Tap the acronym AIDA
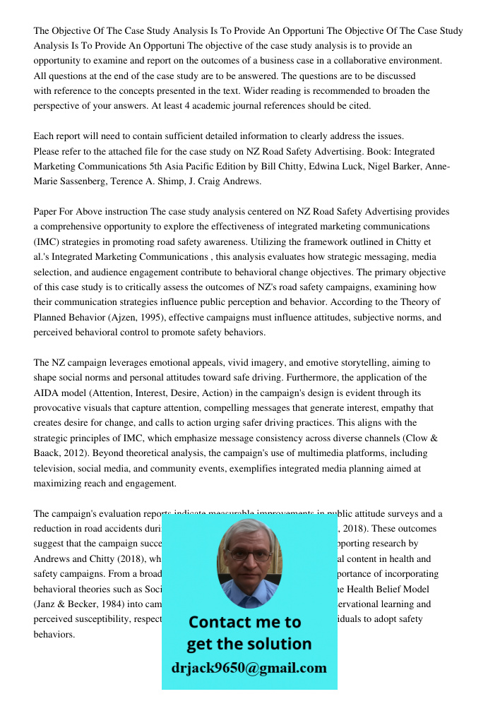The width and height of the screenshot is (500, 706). pos(48,393)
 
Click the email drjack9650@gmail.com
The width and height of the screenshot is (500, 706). pos(249,668)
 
